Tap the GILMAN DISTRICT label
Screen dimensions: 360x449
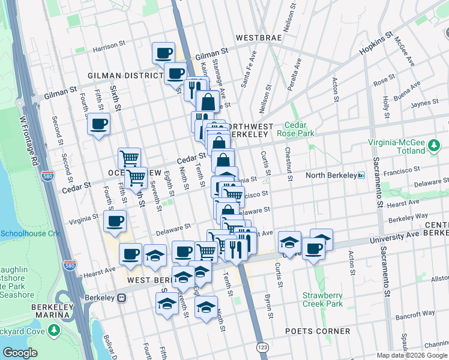(125, 76)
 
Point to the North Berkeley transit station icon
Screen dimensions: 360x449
(361, 175)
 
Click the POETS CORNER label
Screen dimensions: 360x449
(327, 331)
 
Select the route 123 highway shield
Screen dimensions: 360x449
(262, 347)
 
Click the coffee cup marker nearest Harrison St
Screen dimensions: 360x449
(163, 53)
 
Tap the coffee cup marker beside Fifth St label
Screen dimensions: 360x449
(98, 124)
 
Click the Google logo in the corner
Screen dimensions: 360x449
(20, 353)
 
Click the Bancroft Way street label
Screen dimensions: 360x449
(410, 314)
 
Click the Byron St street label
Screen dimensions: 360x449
(270, 307)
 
